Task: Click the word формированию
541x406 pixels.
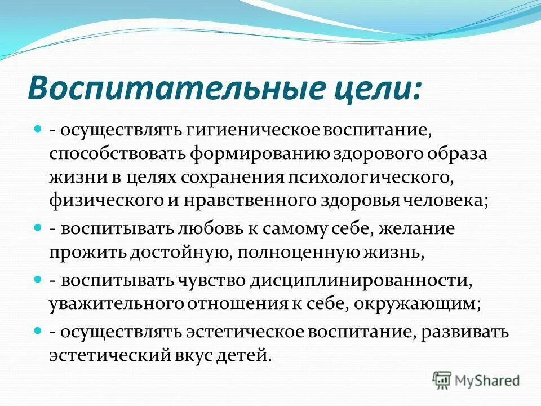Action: [264, 154]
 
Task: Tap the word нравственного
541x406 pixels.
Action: [263, 201]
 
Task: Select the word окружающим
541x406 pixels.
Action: [419, 304]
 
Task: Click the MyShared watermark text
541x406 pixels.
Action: [488, 380]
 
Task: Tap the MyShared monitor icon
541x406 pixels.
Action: [442, 379]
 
